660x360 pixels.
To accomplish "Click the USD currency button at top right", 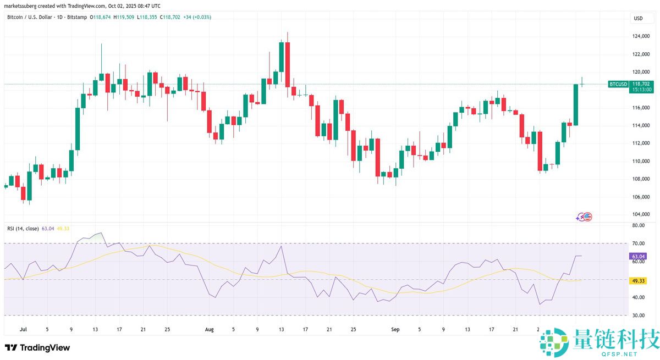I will [638, 18].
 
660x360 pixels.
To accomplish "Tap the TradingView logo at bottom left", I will [37, 347].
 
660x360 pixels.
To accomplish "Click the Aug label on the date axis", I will [209, 329].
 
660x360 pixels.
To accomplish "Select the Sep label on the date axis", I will [394, 329].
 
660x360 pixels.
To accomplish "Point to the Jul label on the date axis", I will [23, 329].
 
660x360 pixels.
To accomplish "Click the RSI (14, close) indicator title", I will [23, 228].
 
